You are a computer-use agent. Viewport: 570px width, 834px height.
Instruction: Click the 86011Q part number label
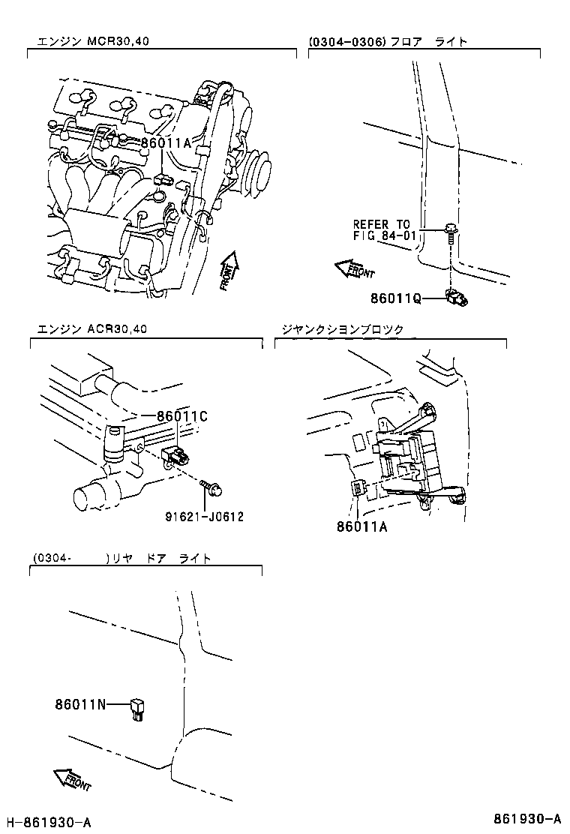click(395, 298)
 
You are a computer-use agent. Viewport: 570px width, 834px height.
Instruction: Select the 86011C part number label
click(181, 416)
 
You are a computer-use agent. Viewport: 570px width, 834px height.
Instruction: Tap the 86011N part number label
click(80, 704)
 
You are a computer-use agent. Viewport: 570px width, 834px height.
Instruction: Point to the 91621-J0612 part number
click(205, 516)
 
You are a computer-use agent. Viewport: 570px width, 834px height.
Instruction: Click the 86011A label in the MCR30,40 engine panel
click(166, 142)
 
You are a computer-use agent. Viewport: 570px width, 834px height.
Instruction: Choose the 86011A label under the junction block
click(362, 526)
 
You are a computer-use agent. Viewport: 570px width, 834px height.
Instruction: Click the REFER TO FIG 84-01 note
click(382, 230)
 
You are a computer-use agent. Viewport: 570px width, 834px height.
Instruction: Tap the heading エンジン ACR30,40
click(92, 329)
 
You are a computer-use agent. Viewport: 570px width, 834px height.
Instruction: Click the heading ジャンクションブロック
click(342, 329)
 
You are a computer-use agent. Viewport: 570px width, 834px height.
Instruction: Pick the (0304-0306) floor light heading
click(388, 41)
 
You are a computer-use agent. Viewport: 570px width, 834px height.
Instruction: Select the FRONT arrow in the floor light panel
click(354, 268)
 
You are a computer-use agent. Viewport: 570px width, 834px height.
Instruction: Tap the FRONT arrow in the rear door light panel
click(73, 781)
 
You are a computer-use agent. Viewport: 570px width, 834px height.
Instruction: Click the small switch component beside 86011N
click(136, 707)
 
